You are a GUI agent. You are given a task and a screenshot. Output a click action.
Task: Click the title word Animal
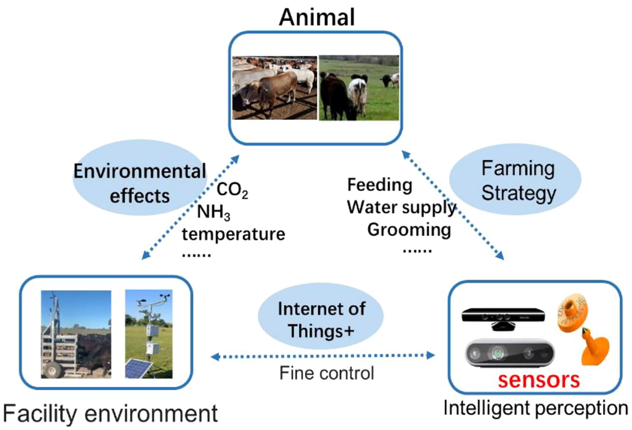pos(317,17)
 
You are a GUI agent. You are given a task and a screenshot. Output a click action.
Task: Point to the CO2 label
pos(232,190)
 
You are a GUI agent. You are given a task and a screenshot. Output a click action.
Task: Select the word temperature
pos(233,234)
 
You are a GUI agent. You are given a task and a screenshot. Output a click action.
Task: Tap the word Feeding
pos(380,185)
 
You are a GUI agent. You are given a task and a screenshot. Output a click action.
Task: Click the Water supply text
pos(401,207)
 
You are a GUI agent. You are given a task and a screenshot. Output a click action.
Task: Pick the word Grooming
pos(409,230)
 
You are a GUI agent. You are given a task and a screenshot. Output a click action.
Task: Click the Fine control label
pos(326,373)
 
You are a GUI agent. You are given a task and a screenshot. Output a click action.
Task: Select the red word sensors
pos(539,380)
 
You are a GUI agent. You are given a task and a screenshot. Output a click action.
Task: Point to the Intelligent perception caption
pos(535,409)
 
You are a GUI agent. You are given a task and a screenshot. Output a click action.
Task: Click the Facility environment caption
pos(110,414)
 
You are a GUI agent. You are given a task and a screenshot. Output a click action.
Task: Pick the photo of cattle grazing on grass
pos(359,88)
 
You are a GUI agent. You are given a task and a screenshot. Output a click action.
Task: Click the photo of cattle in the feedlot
pos(274,88)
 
